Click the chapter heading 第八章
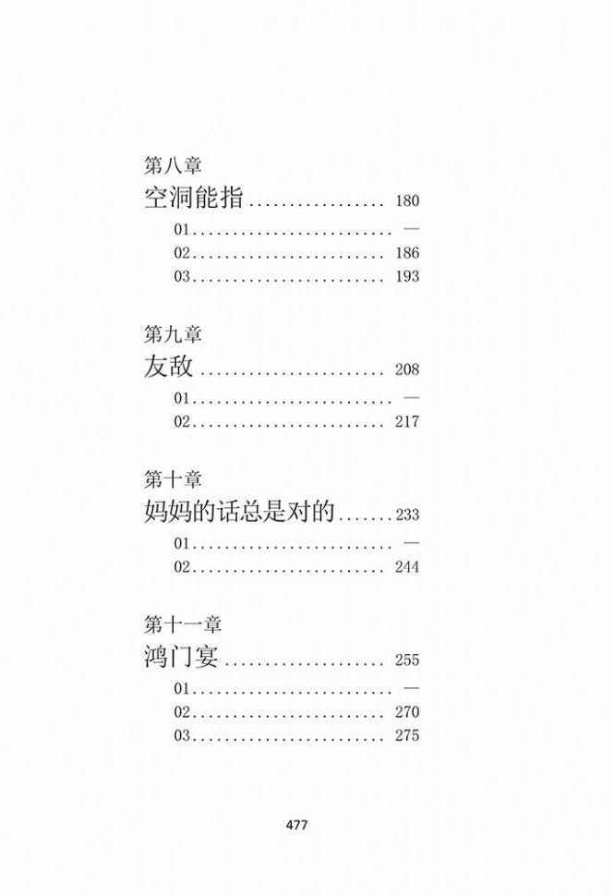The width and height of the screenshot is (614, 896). click(x=173, y=165)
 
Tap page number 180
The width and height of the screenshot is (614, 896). click(x=407, y=201)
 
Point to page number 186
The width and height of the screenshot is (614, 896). click(x=407, y=253)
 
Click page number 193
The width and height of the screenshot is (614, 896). click(x=407, y=276)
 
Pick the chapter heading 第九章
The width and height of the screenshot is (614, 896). click(x=173, y=334)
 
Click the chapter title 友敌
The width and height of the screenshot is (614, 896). click(x=168, y=367)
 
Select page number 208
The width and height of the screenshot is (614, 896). click(x=407, y=369)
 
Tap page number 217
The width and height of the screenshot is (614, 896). click(x=407, y=422)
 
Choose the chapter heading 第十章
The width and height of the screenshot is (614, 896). click(x=173, y=479)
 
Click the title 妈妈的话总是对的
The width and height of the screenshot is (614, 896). click(x=239, y=512)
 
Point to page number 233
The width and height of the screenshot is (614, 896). click(x=407, y=515)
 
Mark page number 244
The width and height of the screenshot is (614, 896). click(x=407, y=567)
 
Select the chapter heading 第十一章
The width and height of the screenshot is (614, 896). click(x=182, y=625)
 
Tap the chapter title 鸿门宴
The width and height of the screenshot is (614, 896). click(x=181, y=657)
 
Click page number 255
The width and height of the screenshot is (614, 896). click(x=407, y=660)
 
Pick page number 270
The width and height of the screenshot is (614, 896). click(x=407, y=712)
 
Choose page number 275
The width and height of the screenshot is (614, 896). click(x=407, y=735)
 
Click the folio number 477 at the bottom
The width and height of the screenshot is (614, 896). click(x=297, y=825)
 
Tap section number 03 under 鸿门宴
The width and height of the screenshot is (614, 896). click(x=182, y=735)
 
